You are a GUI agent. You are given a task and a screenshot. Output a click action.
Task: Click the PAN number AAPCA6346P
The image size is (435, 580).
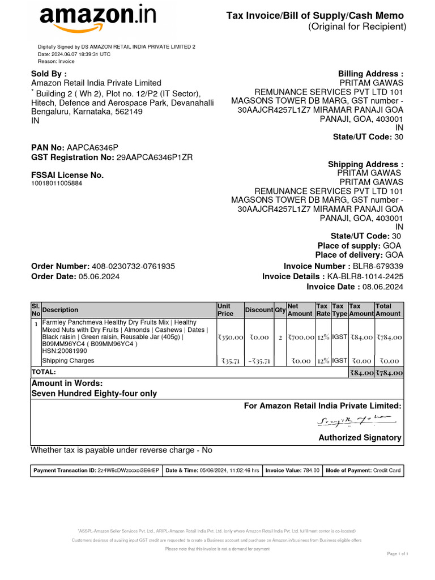point(93,147)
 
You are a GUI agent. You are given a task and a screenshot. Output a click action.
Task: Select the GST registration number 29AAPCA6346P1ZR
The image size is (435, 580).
point(154,157)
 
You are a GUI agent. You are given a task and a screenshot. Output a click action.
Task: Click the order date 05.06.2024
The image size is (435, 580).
point(99,276)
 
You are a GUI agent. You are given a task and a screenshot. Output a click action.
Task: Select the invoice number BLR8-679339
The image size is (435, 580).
point(378,266)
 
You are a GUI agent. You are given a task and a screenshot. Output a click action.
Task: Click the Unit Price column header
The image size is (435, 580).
point(225,309)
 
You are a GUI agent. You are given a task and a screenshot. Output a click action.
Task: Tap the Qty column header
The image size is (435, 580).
point(280,310)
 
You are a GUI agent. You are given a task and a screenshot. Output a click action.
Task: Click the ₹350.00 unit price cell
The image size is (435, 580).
point(229,337)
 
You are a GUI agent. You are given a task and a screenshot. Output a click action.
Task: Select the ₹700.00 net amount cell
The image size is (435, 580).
point(300,337)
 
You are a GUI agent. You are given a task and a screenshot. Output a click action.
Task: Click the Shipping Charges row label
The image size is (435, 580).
point(68,361)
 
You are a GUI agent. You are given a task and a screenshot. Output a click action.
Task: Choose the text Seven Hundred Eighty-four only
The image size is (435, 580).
point(94,393)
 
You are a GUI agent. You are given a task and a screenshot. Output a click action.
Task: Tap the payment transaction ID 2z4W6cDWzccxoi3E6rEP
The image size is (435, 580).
point(129,470)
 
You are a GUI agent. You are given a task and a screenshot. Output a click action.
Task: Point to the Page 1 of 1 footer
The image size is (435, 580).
point(398,553)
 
